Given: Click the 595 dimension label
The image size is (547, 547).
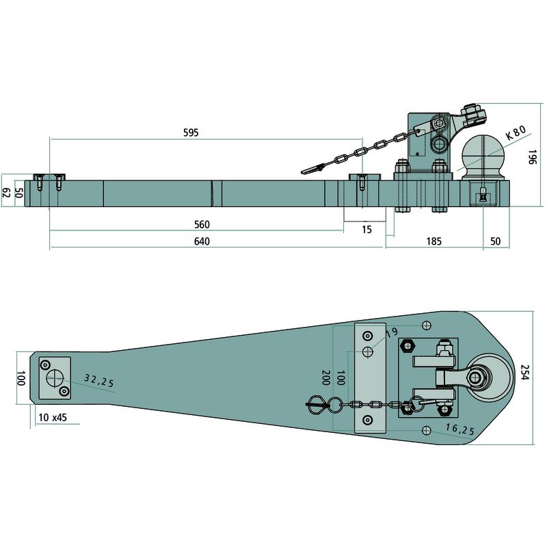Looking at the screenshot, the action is [191, 133].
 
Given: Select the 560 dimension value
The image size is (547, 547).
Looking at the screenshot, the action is [202, 224].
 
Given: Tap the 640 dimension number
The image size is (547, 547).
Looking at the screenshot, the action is [202, 241].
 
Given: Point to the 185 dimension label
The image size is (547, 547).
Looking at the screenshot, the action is [434, 241].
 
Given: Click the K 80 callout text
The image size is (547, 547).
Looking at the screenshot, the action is [516, 133].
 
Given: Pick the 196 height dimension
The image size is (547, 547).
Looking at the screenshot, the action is [532, 157].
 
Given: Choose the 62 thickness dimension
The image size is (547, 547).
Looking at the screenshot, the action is [6, 193].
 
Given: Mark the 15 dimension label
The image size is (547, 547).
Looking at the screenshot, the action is [366, 230].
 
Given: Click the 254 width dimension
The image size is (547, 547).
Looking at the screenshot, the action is [524, 373].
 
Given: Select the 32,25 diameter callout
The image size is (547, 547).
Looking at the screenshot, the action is [99, 381].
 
